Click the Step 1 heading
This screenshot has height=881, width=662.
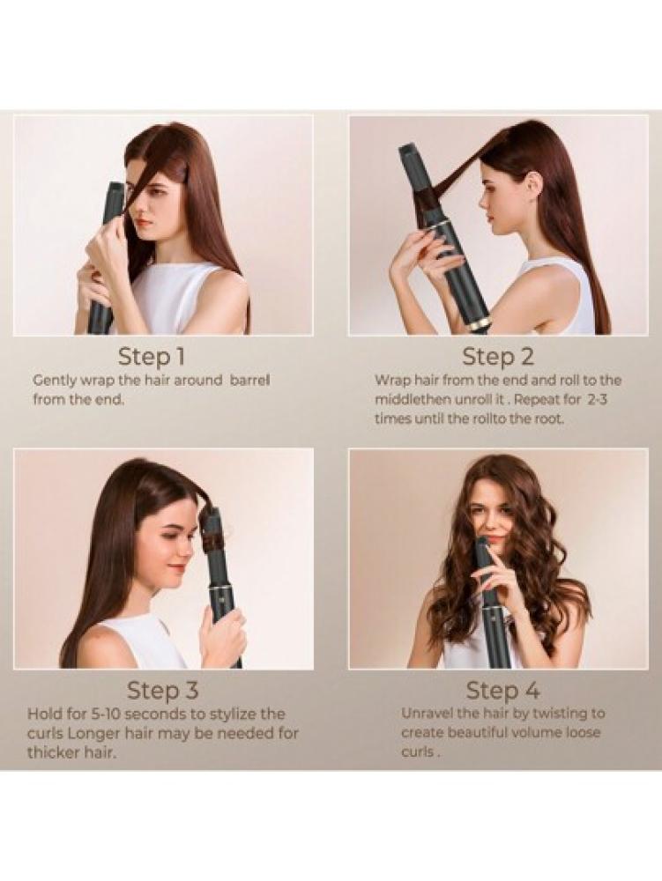(x=151, y=356)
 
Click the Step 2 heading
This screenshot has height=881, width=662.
(x=498, y=357)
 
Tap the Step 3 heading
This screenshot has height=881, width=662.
(x=163, y=691)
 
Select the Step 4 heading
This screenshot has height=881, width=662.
(x=503, y=691)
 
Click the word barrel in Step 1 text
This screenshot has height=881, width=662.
(x=249, y=381)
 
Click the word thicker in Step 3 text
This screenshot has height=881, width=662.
(x=50, y=753)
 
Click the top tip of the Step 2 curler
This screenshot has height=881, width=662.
(x=407, y=148)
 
